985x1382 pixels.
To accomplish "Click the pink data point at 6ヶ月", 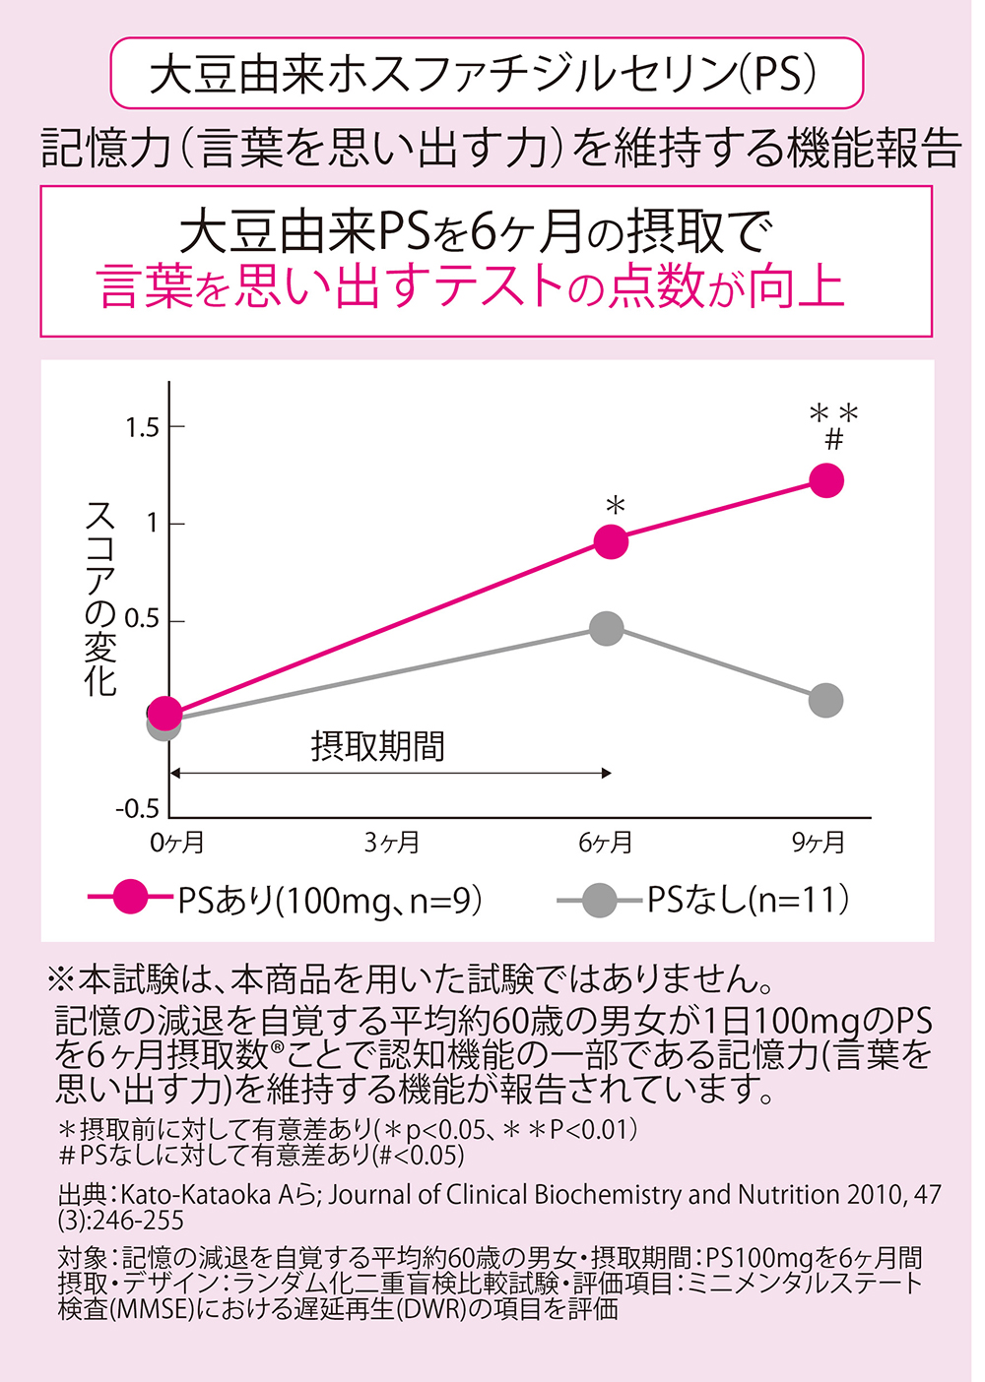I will [x=612, y=541].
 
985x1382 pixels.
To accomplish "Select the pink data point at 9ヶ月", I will [x=826, y=480].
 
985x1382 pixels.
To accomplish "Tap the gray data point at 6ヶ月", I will [x=607, y=629].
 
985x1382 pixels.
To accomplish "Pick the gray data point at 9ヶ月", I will [x=825, y=701].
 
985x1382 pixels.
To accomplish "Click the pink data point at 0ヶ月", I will [x=164, y=714].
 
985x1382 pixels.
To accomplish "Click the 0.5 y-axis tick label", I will [x=142, y=620].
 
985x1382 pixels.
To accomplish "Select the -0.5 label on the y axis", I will [x=137, y=810].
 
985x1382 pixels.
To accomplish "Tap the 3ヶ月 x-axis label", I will [x=392, y=843].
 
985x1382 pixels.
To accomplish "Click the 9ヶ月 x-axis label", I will [x=819, y=843].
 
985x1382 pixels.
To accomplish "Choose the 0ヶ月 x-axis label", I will [x=177, y=843].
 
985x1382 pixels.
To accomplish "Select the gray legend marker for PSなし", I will [x=598, y=899].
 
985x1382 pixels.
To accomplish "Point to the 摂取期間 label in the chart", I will [x=378, y=746].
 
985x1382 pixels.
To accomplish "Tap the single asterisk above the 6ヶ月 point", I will [x=616, y=507].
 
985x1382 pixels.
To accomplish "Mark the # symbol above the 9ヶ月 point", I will [x=834, y=439].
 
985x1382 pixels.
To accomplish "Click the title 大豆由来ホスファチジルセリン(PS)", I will [x=486, y=74].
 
